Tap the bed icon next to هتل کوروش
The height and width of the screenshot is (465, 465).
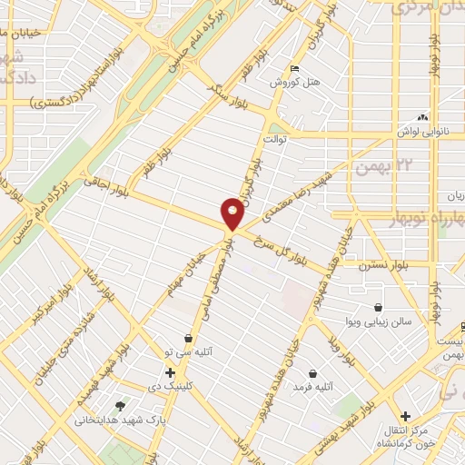point(292,69)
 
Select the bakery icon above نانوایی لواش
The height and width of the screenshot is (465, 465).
point(420,117)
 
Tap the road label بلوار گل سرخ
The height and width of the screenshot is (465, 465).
point(281,244)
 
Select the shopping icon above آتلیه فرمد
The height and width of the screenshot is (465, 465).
point(313,372)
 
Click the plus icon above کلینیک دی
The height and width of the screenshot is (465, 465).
point(170,371)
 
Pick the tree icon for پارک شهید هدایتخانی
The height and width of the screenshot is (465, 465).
point(120,406)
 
